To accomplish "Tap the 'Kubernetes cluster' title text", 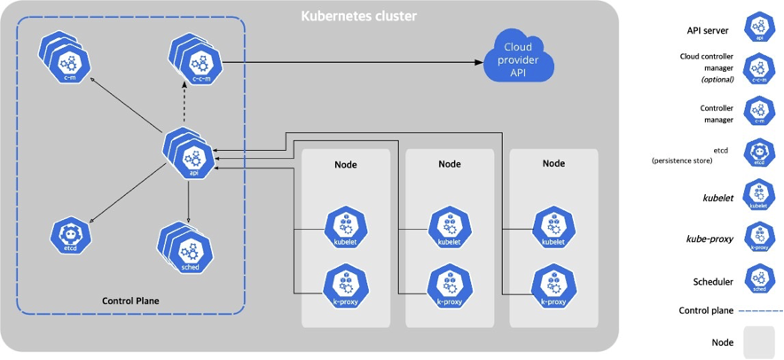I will point(359,16).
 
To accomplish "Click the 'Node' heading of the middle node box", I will point(450,164).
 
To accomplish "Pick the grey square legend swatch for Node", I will point(758,341).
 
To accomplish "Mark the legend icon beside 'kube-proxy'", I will point(758,238).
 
